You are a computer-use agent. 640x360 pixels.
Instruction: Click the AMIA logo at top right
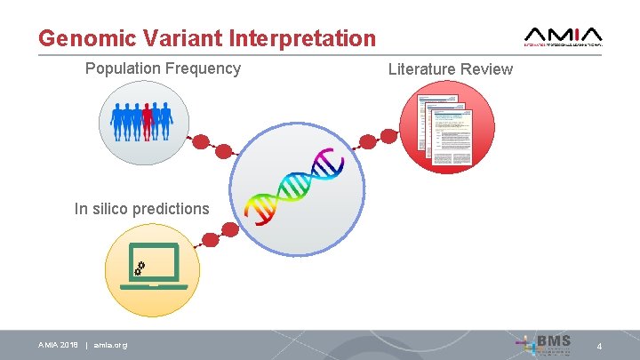[564, 35]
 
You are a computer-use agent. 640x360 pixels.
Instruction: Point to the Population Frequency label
[163, 68]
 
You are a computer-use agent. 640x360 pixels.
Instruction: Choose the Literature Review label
[451, 69]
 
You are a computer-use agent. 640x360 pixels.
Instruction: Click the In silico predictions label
[142, 209]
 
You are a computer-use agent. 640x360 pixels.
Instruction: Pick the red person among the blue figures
[148, 121]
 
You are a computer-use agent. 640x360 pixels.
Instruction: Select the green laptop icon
[153, 266]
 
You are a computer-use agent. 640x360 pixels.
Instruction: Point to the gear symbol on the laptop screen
[140, 266]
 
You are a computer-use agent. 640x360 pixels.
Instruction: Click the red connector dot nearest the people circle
[202, 141]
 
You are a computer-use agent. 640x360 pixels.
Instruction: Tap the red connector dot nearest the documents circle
[388, 136]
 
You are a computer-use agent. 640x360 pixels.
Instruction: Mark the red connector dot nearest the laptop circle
[211, 238]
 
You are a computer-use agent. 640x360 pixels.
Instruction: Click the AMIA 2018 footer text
[58, 345]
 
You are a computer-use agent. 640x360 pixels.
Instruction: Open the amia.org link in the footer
[110, 345]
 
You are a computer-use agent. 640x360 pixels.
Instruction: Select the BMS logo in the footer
[552, 343]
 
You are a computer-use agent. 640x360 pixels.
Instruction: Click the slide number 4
[599, 345]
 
